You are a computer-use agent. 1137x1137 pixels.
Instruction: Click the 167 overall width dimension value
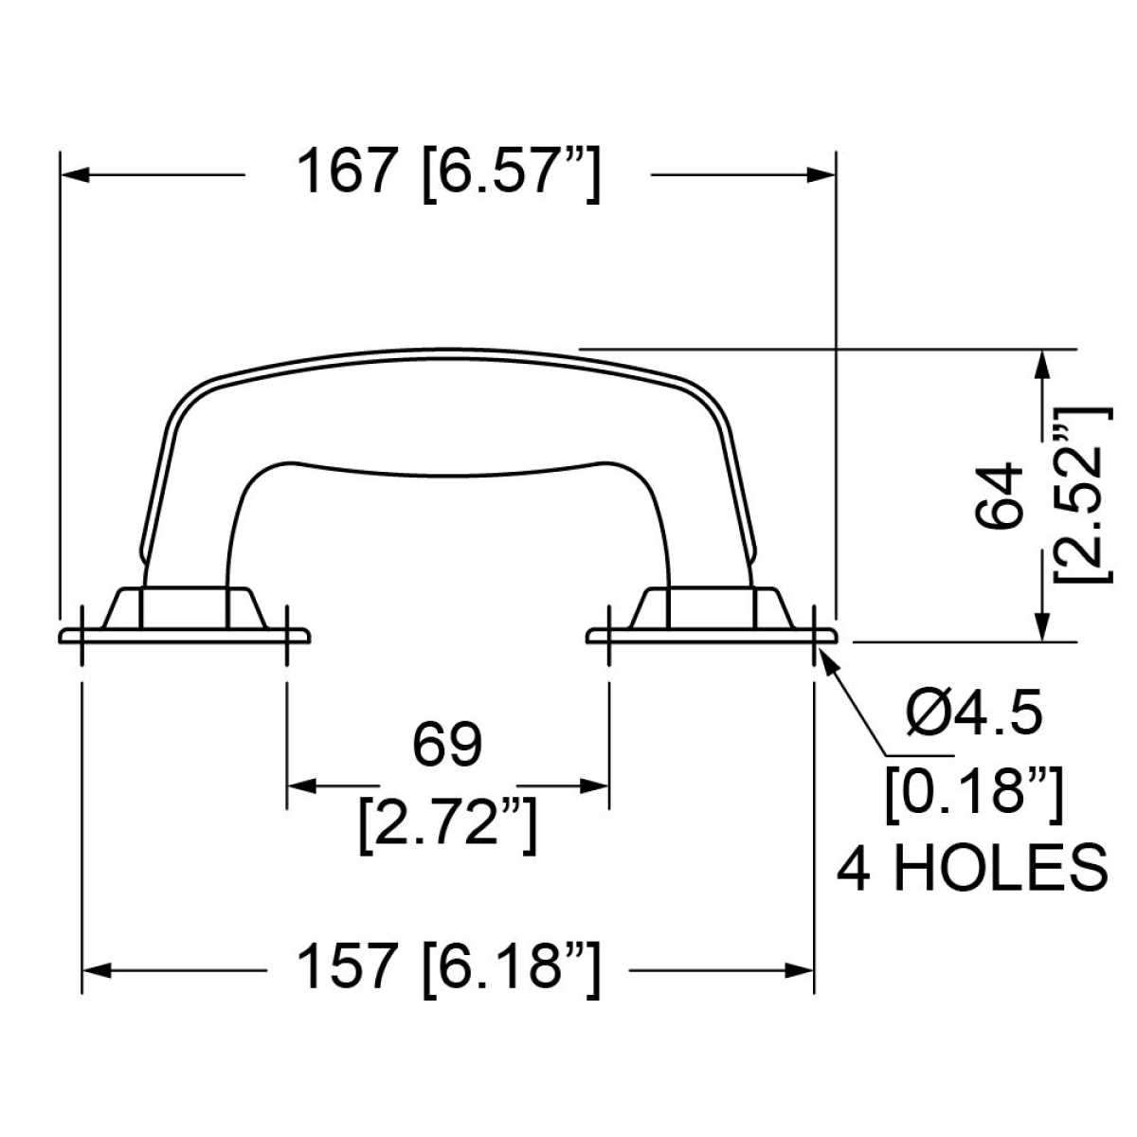pyautogui.click(x=345, y=171)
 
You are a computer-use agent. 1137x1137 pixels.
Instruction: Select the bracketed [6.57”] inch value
pyautogui.click(x=512, y=174)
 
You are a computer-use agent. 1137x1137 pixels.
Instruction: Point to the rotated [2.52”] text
pyautogui.click(x=1083, y=495)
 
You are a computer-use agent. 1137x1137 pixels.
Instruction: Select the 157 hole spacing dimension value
pyautogui.click(x=345, y=966)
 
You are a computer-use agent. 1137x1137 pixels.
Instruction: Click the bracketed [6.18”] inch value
pyautogui.click(x=512, y=969)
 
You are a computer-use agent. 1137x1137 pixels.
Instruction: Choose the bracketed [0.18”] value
pyautogui.click(x=975, y=795)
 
